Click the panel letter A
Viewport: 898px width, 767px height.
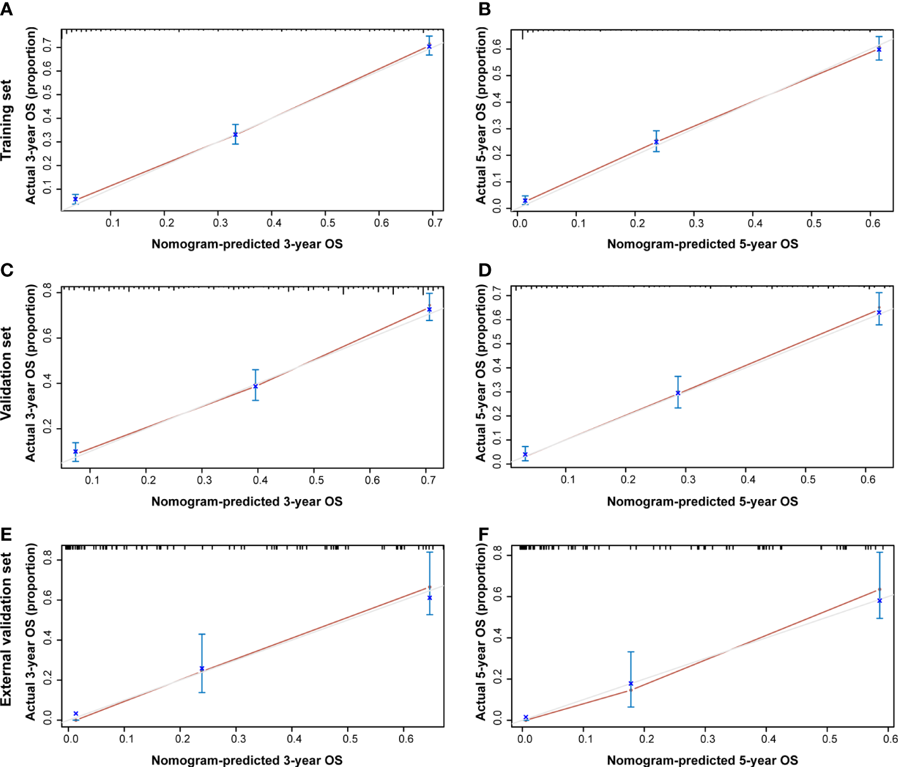point(7,8)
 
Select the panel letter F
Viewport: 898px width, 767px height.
point(484,535)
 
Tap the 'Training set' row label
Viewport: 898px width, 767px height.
point(7,120)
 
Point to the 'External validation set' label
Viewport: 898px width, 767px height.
point(7,629)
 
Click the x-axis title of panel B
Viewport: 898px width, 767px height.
point(702,244)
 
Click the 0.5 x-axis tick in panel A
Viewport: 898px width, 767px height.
point(327,223)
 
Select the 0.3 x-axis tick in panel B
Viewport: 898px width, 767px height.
point(696,223)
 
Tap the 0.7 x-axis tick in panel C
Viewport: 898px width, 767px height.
point(428,480)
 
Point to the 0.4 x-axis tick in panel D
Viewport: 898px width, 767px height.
point(748,480)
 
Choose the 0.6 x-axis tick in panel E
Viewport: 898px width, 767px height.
point(406,738)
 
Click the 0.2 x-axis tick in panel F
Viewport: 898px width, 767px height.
point(647,738)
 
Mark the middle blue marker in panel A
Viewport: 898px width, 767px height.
point(236,134)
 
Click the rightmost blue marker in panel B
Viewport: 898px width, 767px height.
point(879,49)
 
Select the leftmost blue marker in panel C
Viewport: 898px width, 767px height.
point(75,452)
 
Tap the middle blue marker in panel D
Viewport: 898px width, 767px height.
point(678,393)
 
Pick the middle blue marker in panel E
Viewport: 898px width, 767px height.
point(202,668)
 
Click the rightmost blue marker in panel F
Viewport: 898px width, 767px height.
point(880,600)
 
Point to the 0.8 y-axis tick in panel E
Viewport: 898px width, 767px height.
point(48,560)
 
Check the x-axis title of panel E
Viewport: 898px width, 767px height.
point(247,760)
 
